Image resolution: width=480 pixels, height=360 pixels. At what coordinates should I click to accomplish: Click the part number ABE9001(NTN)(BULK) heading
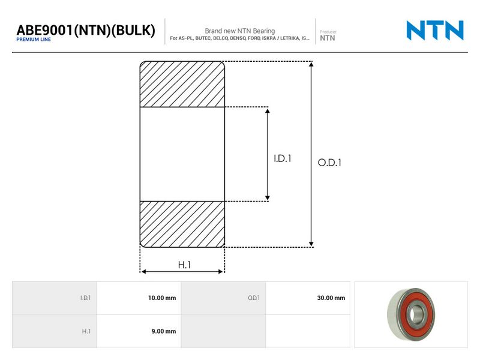tap(86, 30)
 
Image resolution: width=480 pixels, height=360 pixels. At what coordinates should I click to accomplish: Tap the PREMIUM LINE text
tap(34, 40)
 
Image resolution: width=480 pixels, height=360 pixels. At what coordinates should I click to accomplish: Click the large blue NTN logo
tap(435, 31)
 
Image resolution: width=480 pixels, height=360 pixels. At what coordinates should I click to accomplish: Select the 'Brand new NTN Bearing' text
tap(239, 31)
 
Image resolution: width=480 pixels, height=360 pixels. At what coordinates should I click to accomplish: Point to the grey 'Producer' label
tap(328, 32)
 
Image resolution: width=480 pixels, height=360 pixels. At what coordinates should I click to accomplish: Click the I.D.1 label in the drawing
tap(282, 158)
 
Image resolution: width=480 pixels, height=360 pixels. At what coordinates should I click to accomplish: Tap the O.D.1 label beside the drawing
tap(329, 163)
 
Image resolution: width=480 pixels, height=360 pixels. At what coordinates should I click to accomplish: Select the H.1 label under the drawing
tap(184, 265)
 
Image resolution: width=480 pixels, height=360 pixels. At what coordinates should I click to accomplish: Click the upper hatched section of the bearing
tap(182, 84)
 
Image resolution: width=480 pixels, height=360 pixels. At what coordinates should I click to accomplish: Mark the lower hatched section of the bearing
tap(182, 224)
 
